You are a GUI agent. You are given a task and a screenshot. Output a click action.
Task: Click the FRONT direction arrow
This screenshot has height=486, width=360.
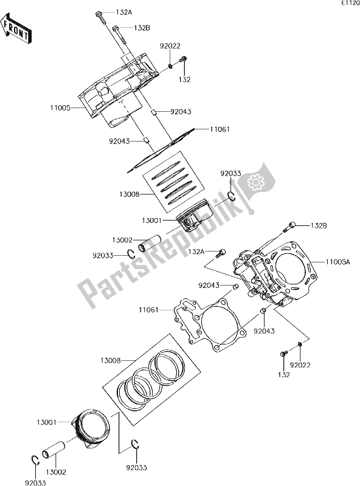16,30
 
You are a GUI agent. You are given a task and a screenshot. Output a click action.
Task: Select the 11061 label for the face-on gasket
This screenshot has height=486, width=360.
149,310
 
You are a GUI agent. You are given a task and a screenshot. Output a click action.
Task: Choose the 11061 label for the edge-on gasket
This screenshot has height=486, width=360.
220,129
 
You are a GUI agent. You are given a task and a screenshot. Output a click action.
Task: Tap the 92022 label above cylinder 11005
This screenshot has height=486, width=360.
170,46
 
